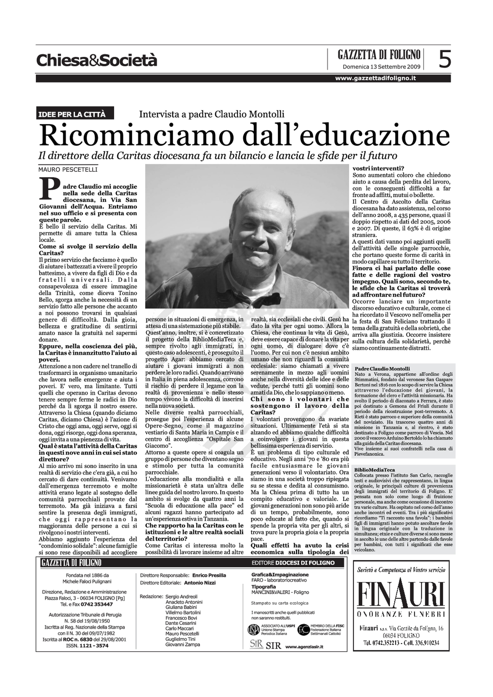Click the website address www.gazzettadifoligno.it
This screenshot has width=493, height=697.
[375, 78]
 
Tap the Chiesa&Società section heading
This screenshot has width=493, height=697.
[97, 60]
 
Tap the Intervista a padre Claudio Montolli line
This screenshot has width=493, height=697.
[212, 114]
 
